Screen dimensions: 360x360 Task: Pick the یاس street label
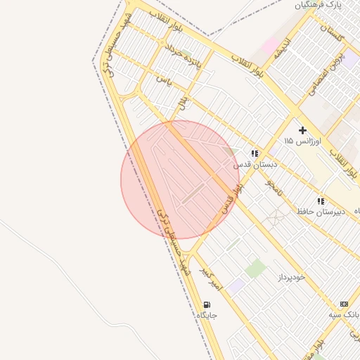pos(165,79)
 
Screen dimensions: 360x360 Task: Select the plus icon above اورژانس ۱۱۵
pos(302,130)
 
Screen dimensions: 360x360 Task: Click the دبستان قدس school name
pos(255,164)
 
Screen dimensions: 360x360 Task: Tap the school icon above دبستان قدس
pos(255,153)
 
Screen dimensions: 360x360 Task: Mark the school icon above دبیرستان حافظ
pos(321,201)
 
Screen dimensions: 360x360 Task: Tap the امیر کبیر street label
pos(211,278)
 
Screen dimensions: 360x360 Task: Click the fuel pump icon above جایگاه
pos(207,304)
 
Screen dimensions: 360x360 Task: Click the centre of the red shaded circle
pos(180,180)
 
